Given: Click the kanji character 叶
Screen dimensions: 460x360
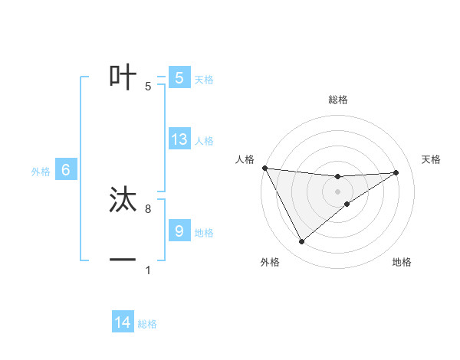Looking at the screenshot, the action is (123, 77).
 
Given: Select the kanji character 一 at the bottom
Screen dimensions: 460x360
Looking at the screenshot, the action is (123, 260).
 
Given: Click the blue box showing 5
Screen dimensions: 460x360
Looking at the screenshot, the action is (179, 77).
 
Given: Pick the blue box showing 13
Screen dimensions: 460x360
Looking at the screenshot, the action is (179, 139).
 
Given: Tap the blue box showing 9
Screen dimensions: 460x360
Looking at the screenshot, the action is (179, 231).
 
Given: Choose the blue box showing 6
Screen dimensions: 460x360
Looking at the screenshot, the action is (66, 170).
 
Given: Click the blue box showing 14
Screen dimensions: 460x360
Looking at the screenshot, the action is (123, 322).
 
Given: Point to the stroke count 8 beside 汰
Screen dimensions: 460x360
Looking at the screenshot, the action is (148, 208).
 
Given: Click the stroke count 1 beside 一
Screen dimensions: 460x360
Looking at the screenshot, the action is (148, 270).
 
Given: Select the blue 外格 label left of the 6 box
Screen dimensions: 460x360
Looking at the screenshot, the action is (41, 172).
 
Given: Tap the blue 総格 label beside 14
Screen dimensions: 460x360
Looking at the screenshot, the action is (147, 324).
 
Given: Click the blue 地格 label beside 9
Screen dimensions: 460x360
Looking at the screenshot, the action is (204, 232).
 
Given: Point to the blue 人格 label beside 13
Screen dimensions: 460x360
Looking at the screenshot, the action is (204, 141).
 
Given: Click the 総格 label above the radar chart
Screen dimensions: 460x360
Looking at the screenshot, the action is (338, 100).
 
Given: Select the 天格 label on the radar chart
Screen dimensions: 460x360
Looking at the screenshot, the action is (432, 159).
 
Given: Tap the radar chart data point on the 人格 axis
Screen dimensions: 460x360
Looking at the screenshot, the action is (264, 168).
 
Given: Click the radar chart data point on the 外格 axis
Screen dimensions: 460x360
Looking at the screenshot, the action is (301, 242).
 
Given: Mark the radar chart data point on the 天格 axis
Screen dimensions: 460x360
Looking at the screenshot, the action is (396, 172).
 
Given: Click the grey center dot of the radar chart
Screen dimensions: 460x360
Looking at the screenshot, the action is (338, 191).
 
